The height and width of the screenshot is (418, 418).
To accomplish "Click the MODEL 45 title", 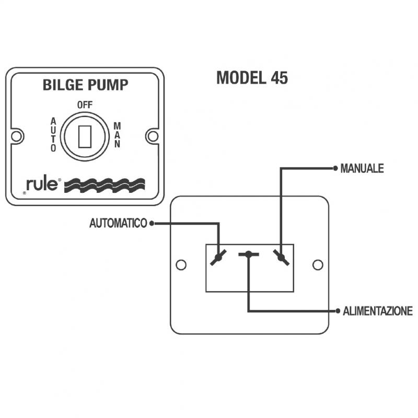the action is click(x=252, y=78).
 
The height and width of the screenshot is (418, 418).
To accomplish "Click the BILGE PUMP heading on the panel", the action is click(x=85, y=85).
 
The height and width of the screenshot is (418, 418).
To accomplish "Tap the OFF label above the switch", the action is click(x=85, y=105).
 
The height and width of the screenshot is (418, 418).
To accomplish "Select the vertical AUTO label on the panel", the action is click(x=53, y=135).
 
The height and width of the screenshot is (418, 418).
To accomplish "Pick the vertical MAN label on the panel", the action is click(x=117, y=135).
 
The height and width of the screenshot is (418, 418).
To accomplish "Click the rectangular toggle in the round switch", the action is click(x=85, y=137).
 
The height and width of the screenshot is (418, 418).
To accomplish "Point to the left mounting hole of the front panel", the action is click(x=16, y=136).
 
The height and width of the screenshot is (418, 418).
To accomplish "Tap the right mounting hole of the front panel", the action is click(x=153, y=136).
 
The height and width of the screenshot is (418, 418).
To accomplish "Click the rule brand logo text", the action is click(x=42, y=184).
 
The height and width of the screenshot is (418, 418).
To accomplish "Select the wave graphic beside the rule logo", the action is click(x=105, y=185).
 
